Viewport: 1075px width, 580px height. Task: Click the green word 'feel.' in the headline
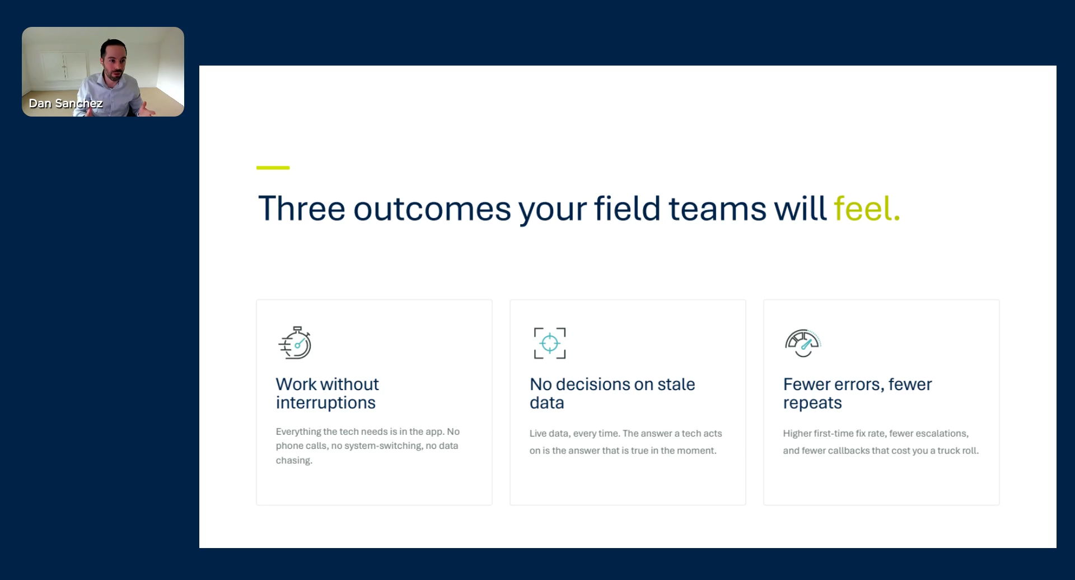pos(867,208)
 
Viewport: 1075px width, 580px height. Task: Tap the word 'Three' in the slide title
pos(301,208)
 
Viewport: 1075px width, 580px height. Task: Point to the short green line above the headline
pos(273,168)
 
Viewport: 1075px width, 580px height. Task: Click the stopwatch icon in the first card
pos(295,342)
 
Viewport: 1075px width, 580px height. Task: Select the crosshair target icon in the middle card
pos(550,343)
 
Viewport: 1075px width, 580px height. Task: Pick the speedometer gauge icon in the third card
pos(803,343)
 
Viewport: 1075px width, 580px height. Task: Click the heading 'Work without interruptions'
pos(327,393)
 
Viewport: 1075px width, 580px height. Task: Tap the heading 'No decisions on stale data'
pos(612,393)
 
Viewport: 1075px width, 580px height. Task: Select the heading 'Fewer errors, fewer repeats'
pos(857,393)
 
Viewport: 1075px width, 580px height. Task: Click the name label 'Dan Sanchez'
pos(66,104)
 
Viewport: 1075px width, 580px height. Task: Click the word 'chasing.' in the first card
pos(294,461)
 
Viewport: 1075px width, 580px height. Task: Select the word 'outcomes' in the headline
pos(432,208)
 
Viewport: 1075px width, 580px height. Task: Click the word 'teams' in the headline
pos(717,208)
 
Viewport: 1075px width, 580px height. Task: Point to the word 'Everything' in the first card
pos(298,432)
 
